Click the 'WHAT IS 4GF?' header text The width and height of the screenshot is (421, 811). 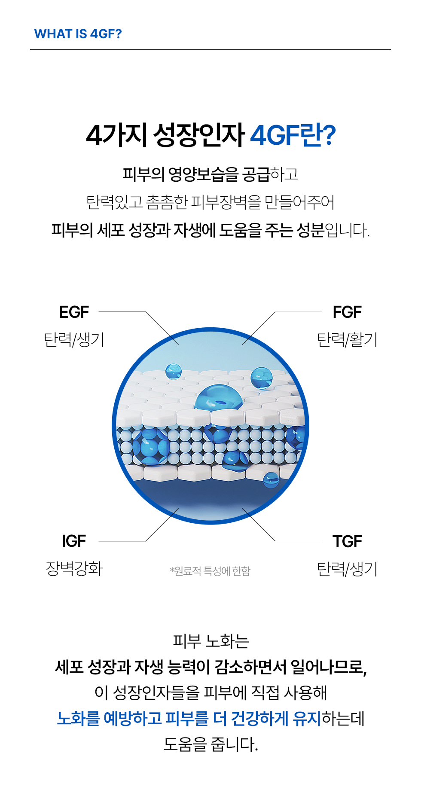pos(78,34)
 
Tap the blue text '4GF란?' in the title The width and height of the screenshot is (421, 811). pos(293,135)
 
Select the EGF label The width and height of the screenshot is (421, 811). pos(74,312)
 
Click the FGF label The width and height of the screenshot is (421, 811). pos(347,312)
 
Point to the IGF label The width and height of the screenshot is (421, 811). pos(74,541)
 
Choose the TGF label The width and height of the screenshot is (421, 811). pos(347,541)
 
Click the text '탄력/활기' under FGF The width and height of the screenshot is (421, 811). pos(347,340)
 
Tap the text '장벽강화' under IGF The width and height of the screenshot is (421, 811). pos(74,569)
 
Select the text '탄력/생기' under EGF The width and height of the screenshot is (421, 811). pos(74,340)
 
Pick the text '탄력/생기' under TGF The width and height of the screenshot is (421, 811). pos(347,569)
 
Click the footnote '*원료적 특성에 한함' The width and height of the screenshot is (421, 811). pos(210,571)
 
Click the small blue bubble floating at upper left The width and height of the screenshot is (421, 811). pos(174,371)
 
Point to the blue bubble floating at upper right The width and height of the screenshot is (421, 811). pos(261,378)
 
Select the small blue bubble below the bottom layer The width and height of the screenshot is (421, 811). pos(271,479)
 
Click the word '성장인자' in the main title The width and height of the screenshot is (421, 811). pos(198,135)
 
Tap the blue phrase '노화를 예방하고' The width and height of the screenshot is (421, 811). pos(109,718)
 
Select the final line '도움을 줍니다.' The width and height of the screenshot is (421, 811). pos(210,744)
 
